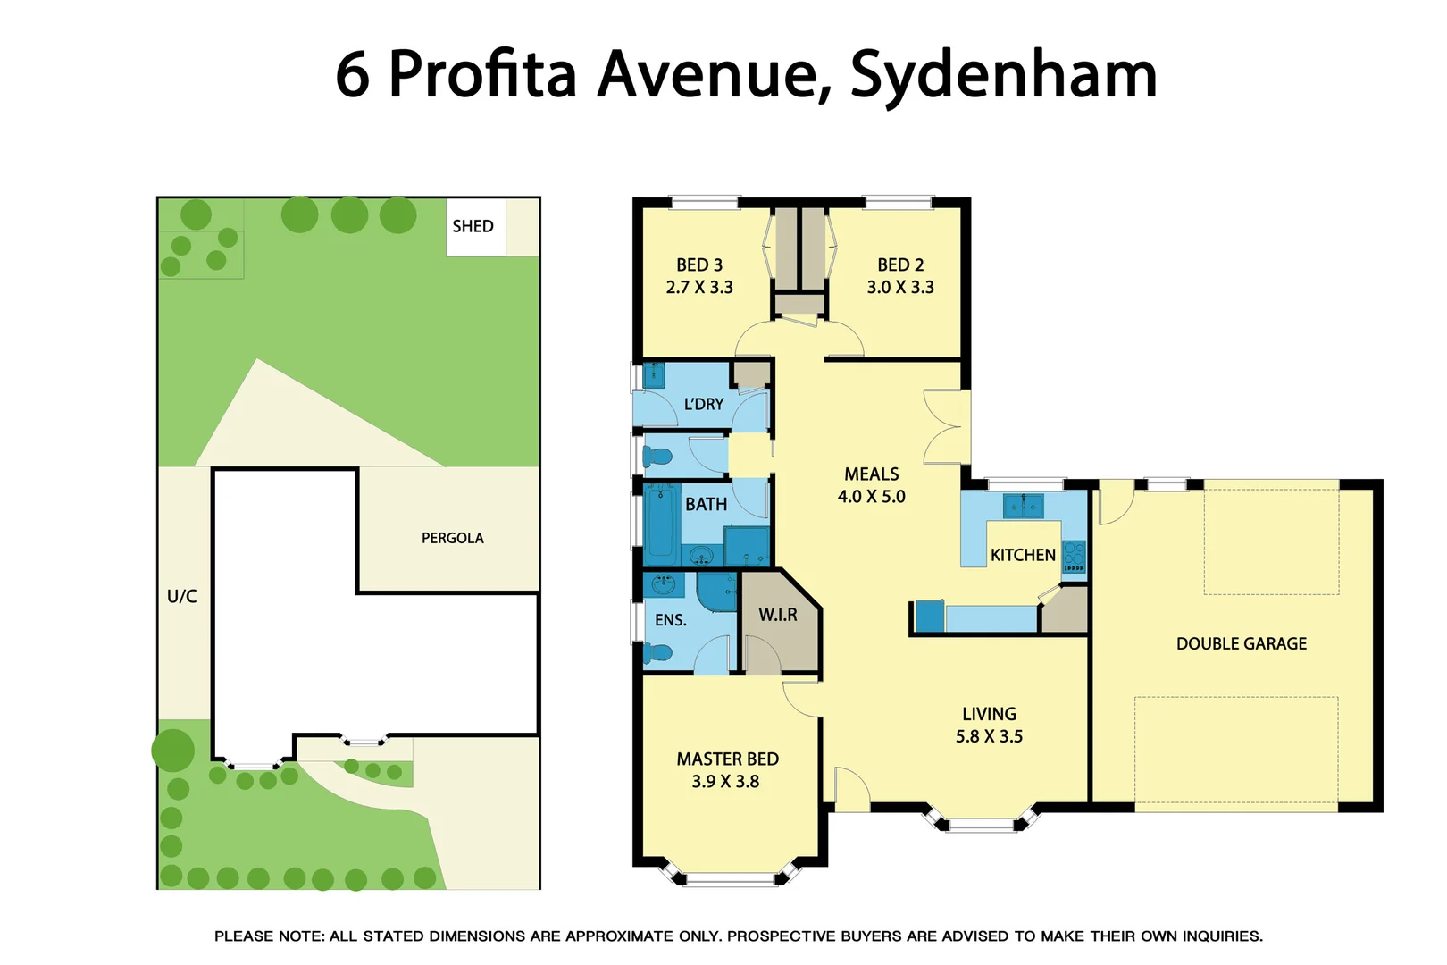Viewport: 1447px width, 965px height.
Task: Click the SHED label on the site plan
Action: click(473, 226)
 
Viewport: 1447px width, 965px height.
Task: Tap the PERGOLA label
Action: click(452, 538)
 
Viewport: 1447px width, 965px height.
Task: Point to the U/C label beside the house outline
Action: click(181, 596)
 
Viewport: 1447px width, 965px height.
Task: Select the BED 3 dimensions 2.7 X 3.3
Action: click(698, 287)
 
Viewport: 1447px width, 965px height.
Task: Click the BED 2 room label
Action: click(899, 264)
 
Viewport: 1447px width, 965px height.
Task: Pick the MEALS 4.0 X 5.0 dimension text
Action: click(871, 497)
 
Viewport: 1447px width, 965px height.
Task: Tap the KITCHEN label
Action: click(1023, 555)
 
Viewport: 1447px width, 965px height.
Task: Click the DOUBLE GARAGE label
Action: click(1241, 643)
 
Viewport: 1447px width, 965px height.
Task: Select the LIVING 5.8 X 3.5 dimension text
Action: click(989, 736)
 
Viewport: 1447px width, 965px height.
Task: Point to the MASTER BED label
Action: click(727, 759)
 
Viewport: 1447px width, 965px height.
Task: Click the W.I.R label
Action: click(777, 615)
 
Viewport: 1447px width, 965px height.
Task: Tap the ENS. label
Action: click(670, 620)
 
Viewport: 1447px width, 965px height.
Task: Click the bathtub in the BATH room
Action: click(661, 522)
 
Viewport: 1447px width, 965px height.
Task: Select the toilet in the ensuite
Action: click(658, 653)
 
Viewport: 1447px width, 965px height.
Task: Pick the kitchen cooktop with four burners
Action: click(1074, 555)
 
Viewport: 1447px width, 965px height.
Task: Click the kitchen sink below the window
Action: click(1023, 506)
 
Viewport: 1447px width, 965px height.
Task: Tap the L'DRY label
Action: click(703, 404)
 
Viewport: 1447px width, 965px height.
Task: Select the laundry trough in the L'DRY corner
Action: click(654, 374)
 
